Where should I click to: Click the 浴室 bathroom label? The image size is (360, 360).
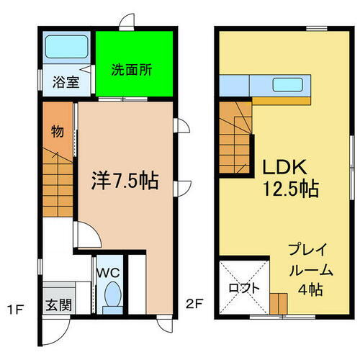65,82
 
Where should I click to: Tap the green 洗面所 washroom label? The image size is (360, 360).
131,71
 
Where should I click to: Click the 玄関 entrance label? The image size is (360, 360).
60,305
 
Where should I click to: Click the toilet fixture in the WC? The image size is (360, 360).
112,294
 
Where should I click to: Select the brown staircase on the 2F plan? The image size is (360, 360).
236,140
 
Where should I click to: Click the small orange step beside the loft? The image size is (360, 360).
276,302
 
